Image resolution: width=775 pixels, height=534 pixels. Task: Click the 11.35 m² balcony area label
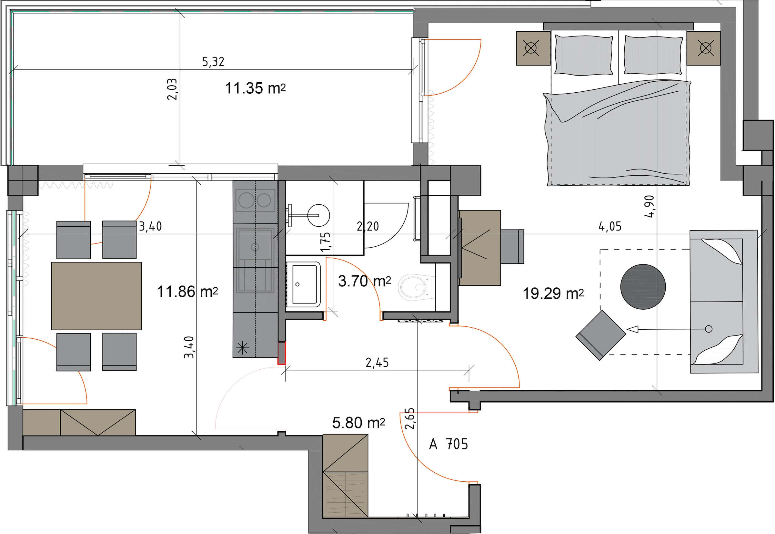[255, 88]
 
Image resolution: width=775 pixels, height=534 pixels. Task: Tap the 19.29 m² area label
[553, 293]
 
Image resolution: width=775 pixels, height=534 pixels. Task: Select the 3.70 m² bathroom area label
[364, 281]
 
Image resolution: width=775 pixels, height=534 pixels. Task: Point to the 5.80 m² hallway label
[358, 423]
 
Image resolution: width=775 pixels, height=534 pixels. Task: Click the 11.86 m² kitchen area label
[187, 292]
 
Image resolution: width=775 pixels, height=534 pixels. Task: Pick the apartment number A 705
[448, 444]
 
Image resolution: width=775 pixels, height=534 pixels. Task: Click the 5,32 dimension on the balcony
[213, 62]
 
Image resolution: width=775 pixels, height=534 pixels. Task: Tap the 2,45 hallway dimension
[377, 362]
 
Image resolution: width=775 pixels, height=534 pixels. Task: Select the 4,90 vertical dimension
[649, 206]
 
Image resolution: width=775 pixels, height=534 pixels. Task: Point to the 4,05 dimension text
[610, 227]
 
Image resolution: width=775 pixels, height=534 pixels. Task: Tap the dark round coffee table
[643, 287]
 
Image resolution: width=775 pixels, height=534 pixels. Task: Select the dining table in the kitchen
[96, 296]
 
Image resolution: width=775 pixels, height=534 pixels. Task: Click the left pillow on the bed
[583, 55]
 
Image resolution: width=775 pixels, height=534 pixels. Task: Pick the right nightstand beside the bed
[703, 48]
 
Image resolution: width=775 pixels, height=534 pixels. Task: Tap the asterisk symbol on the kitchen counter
[242, 348]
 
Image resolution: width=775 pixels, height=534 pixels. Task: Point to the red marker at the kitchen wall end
[282, 353]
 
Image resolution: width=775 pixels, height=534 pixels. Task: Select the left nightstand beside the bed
[533, 48]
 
